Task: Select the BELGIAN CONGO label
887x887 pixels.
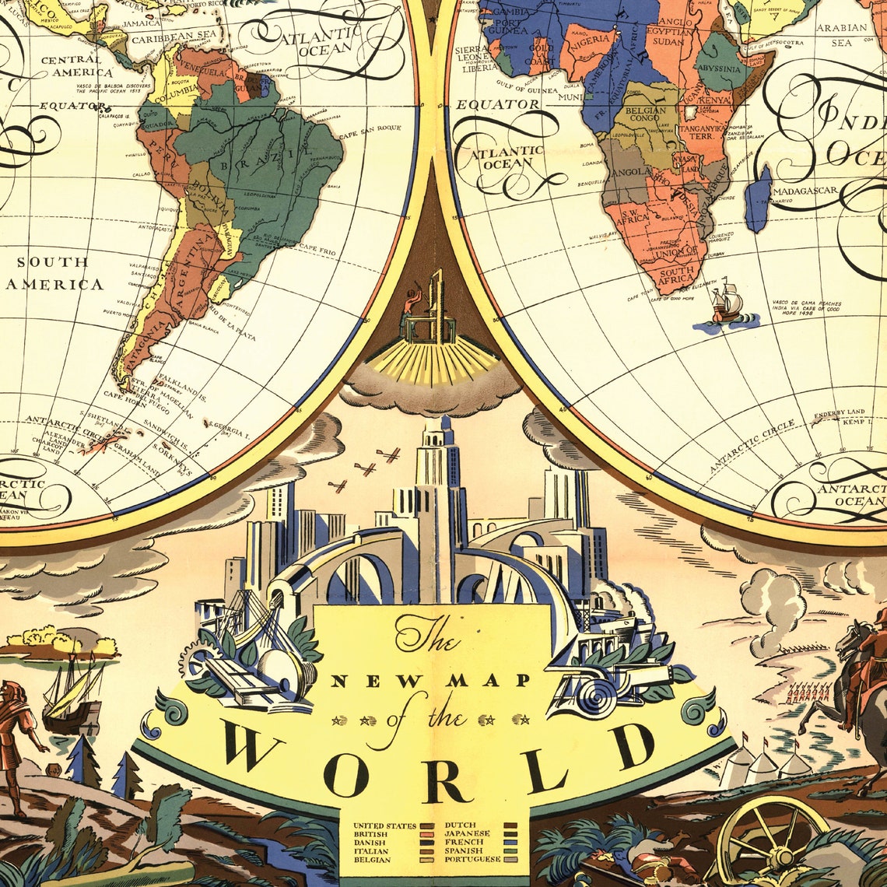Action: coord(645,117)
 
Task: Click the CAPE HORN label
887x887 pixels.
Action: coord(124,394)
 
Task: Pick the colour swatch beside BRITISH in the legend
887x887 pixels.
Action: coord(427,833)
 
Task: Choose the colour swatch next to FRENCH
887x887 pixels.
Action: coord(510,842)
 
